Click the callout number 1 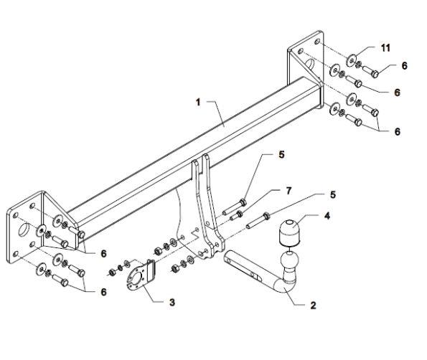(198, 103)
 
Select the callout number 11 (385, 48)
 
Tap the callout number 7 (288, 191)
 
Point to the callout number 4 (327, 216)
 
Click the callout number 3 (172, 302)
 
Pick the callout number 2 (313, 305)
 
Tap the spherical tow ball (289, 260)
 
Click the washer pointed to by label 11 (352, 60)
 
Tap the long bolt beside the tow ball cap (258, 221)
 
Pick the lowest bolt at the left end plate (60, 280)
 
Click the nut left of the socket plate (112, 272)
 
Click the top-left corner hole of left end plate (15, 214)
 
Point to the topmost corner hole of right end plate (317, 42)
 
